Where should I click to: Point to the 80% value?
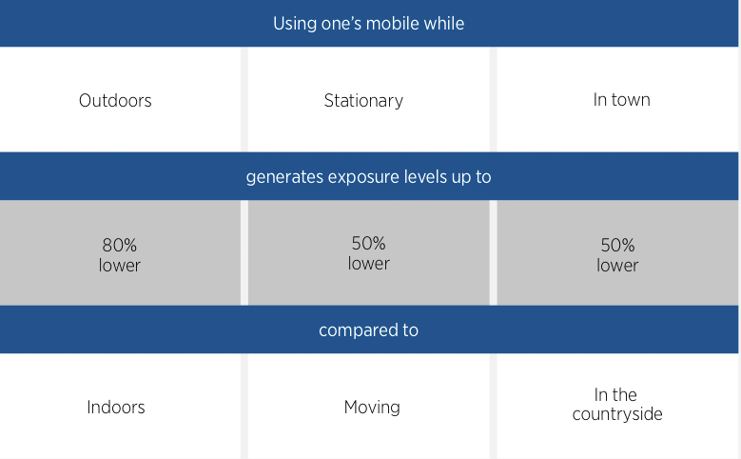120,245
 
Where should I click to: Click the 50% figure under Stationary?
369,243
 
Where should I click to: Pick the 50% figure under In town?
617,245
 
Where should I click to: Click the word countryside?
617,414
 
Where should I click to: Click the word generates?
284,177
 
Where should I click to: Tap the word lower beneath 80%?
120,266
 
